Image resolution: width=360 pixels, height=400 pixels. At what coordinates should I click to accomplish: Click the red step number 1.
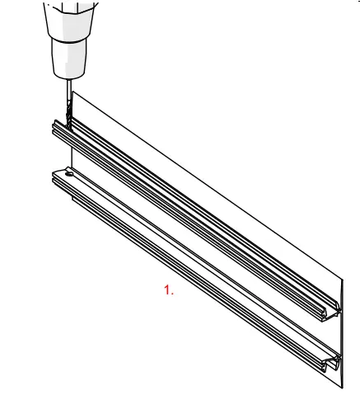(x=169, y=290)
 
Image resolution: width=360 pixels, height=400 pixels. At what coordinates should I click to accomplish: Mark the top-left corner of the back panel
(x=74, y=91)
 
